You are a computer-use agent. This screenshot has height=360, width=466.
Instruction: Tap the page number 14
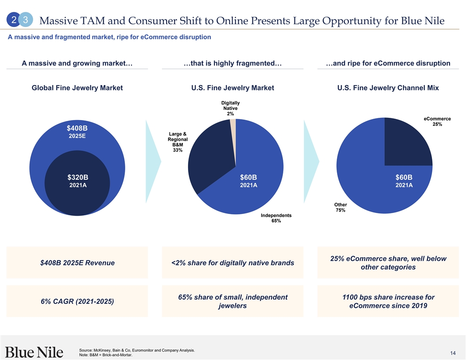pos(453,353)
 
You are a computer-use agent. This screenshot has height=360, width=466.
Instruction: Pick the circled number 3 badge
pos(26,20)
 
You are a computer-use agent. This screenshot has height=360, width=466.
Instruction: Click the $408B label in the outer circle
pos(77,128)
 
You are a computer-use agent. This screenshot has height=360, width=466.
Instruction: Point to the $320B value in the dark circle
pos(78,177)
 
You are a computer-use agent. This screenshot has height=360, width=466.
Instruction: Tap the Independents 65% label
pos(276,218)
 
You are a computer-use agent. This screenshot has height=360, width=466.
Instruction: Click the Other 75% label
pos(340,207)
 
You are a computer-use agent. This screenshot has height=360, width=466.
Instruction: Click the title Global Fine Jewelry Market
pos(77,88)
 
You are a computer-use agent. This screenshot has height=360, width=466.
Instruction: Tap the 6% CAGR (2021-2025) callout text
pos(77,301)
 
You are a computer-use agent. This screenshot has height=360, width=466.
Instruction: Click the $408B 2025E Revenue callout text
pos(77,263)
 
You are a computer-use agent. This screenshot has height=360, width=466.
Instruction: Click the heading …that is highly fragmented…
pos(233,63)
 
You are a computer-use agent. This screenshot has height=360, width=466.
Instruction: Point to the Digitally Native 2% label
pos(230,108)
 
